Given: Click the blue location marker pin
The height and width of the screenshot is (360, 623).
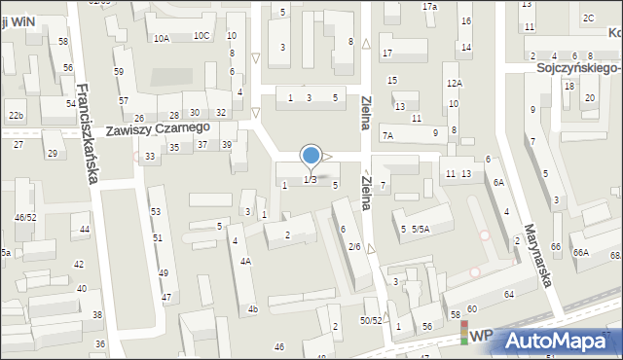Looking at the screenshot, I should [311, 156].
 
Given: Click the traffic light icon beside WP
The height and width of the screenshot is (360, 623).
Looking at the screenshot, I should [463, 335].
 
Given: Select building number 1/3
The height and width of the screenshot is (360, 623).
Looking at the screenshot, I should [310, 180].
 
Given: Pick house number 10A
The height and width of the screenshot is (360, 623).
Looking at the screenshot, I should [162, 38].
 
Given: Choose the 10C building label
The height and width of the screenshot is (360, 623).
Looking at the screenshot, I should [201, 36].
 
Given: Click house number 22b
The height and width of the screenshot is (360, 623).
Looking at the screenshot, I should [16, 116].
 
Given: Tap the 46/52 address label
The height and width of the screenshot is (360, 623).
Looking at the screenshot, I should [25, 217].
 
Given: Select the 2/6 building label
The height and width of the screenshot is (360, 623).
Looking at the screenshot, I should [354, 247].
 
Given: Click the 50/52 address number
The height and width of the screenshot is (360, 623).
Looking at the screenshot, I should [370, 320].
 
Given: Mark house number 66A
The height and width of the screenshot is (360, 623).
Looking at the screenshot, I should [580, 253].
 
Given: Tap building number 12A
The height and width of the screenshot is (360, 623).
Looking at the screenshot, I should [454, 84].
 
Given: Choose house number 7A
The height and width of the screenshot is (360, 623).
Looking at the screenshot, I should [387, 136].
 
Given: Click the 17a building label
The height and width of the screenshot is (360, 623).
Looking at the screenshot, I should [429, 7].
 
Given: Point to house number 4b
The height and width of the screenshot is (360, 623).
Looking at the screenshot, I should [252, 309].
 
